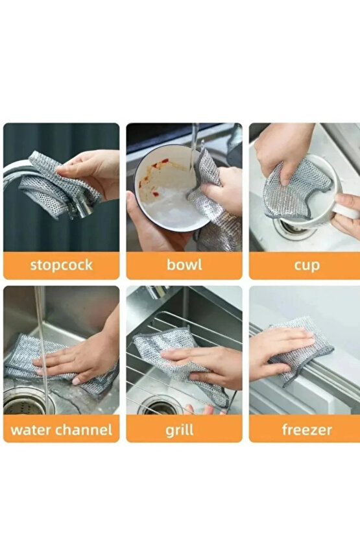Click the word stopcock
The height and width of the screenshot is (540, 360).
pyautogui.click(x=62, y=265)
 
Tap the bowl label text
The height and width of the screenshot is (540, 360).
pyautogui.click(x=184, y=265)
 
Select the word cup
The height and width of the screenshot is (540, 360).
pyautogui.click(x=307, y=266)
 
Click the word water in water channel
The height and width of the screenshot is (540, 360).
pyautogui.click(x=30, y=430)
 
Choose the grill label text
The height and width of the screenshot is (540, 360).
pyautogui.click(x=179, y=430)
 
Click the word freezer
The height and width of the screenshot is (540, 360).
pyautogui.click(x=307, y=430)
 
